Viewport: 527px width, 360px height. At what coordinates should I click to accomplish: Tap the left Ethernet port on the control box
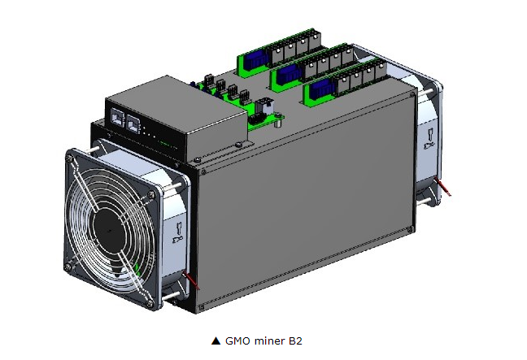[117, 117]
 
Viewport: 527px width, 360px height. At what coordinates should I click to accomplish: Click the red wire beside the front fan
[192, 280]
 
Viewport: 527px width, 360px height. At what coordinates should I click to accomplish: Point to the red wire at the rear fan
[443, 186]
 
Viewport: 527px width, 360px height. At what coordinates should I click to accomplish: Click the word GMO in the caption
[238, 340]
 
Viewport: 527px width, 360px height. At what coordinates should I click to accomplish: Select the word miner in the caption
[269, 340]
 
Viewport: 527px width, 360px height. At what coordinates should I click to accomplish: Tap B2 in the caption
[295, 340]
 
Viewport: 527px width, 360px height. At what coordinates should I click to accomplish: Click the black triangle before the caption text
[216, 340]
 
